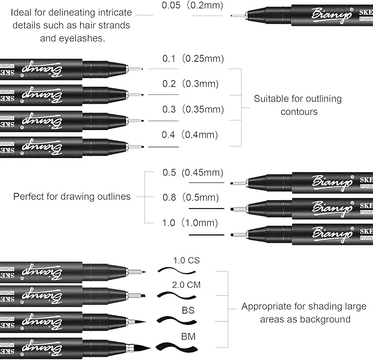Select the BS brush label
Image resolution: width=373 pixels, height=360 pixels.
click(x=188, y=310)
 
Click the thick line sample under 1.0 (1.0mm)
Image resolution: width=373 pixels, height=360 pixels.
click(x=206, y=235)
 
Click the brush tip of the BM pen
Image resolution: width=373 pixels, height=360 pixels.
click(x=141, y=348)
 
